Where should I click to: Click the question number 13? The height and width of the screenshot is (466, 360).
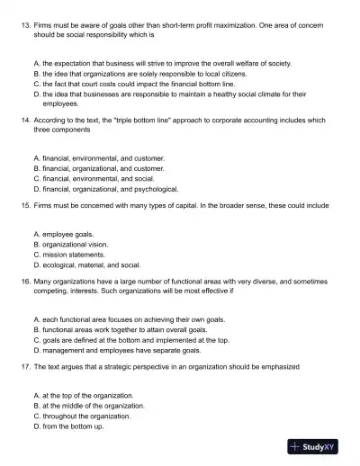point(24,18)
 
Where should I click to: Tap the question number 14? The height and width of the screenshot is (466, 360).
point(24,119)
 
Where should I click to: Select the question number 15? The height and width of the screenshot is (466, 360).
point(24,205)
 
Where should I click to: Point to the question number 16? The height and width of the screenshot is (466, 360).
point(24,282)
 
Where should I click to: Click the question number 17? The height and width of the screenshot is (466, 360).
point(24,367)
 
